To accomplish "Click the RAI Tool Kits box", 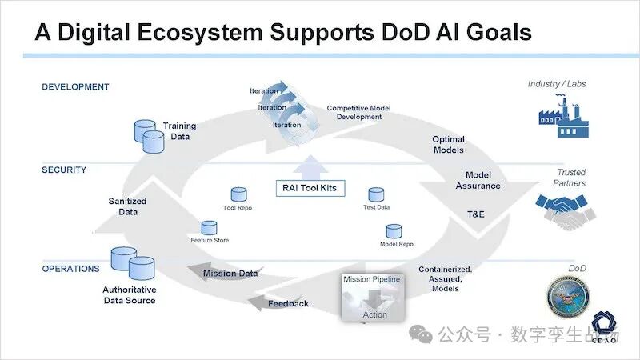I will [309, 189].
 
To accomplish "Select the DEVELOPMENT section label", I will [75, 86].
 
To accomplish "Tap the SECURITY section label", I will [64, 170].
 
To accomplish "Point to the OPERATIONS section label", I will [70, 269].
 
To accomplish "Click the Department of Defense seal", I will [567, 303].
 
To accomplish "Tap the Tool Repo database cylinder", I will [238, 194].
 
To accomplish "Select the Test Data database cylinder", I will [376, 194].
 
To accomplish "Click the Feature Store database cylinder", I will [210, 228].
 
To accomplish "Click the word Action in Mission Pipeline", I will [374, 314].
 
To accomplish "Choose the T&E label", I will [475, 214].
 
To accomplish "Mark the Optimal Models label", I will [448, 145].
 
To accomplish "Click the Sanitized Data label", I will [127, 206].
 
